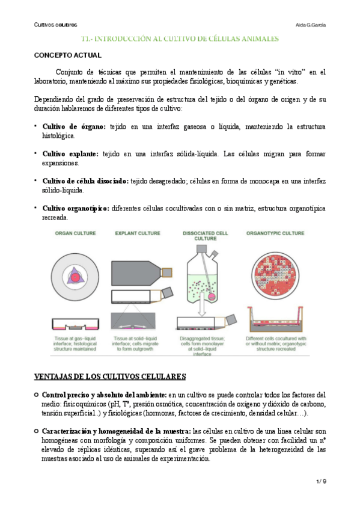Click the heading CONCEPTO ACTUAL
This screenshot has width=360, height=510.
[63, 55]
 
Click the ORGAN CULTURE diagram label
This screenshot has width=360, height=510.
[76, 233]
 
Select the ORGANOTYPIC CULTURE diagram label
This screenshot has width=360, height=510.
[276, 233]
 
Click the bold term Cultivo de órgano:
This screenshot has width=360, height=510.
[73, 127]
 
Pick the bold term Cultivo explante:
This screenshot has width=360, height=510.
[71, 154]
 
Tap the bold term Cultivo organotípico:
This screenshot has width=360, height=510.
[75, 208]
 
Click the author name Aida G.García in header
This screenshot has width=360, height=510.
[311, 25]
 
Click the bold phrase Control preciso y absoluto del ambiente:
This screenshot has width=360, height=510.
[99, 395]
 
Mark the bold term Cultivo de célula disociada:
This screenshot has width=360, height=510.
[85, 181]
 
